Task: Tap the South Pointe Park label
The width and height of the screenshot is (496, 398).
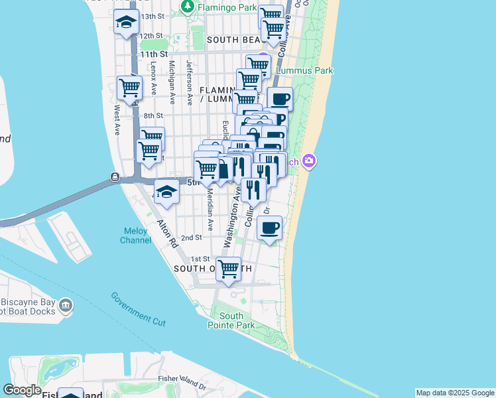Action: click(x=231, y=320)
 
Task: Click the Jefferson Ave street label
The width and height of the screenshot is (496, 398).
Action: click(x=190, y=83)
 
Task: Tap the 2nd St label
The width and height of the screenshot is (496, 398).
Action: click(x=191, y=237)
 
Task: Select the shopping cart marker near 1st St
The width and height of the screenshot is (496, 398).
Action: click(x=229, y=269)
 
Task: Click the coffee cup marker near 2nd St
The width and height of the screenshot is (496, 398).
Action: click(x=269, y=228)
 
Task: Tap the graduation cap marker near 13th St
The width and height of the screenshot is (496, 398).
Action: click(x=126, y=23)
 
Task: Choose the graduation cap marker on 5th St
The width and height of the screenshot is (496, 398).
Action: click(x=167, y=192)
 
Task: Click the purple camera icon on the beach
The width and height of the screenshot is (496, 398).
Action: click(x=308, y=161)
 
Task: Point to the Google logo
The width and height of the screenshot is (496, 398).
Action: click(x=22, y=390)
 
